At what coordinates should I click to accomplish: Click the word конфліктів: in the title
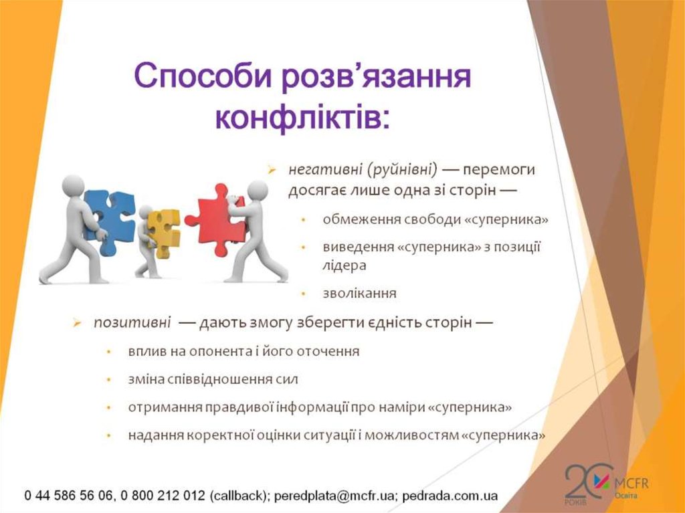(302, 116)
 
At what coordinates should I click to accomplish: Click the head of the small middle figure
(145, 212)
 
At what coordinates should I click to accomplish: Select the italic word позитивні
(131, 323)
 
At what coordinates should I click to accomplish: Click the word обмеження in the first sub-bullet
(353, 219)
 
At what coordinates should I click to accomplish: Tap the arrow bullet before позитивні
(78, 324)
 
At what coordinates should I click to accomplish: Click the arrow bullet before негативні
(272, 171)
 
